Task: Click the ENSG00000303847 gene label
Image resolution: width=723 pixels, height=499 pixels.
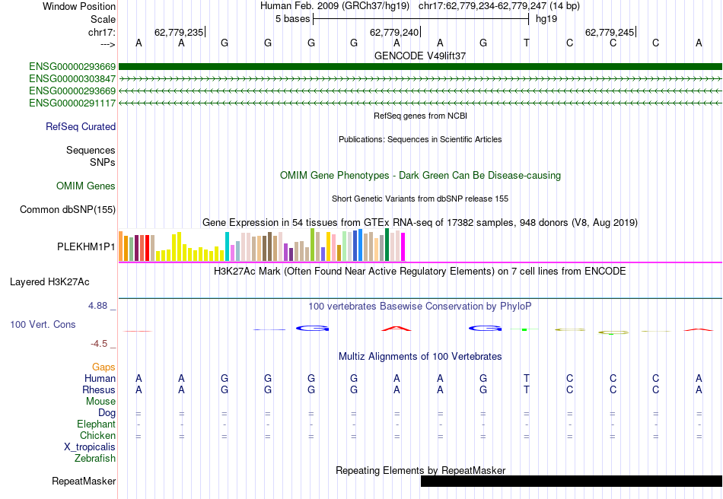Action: pos(72,78)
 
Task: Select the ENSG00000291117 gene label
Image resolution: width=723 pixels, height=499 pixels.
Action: pos(72,103)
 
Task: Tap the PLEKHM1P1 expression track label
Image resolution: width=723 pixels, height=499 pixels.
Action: pos(86,247)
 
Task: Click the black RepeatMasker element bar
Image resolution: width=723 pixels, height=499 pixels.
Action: pos(571,481)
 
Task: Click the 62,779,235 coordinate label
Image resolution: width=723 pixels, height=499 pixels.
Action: pos(178,33)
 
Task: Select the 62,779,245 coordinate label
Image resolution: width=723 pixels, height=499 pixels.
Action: pos(609,33)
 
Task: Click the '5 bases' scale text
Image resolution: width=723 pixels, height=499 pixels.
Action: pos(292,18)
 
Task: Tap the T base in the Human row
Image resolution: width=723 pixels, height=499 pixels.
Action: pos(527,378)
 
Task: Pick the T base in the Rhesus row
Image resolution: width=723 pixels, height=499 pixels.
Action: pos(527,389)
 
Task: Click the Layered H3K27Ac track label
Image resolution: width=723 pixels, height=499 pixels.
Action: pos(49,281)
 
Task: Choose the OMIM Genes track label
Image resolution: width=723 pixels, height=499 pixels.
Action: pos(85,186)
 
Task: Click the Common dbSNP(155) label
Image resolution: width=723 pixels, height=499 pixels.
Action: pos(68,209)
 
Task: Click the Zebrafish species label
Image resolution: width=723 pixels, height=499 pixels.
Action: pos(95,458)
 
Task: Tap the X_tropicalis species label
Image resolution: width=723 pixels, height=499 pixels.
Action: pos(90,447)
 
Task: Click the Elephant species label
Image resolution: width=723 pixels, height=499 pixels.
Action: pos(96,424)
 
